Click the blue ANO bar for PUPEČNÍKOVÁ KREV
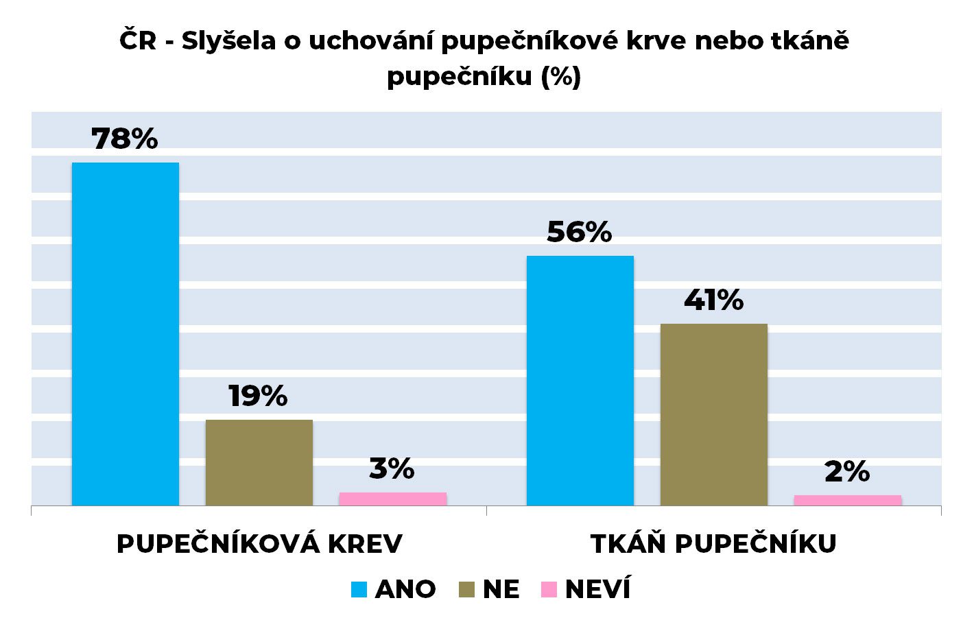pos(125,334)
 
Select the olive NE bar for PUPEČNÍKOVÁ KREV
pos(259,462)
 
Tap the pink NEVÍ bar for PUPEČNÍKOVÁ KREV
pos(392,499)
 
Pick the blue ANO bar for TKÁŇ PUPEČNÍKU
pos(580,381)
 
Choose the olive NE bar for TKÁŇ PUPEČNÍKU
pos(713,414)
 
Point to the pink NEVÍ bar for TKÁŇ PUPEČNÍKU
pos(847,501)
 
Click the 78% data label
pos(125,139)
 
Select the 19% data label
pos(258,396)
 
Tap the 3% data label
pos(392,469)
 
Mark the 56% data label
pos(579,233)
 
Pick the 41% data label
pos(713,300)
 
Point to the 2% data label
pos(847,472)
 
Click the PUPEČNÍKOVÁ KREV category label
pos(259,544)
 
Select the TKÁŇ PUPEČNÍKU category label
pos(713,544)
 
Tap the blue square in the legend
pos(359,589)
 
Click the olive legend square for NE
pos(466,589)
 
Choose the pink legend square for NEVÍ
pos(549,589)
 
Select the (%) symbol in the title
pos(560,76)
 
